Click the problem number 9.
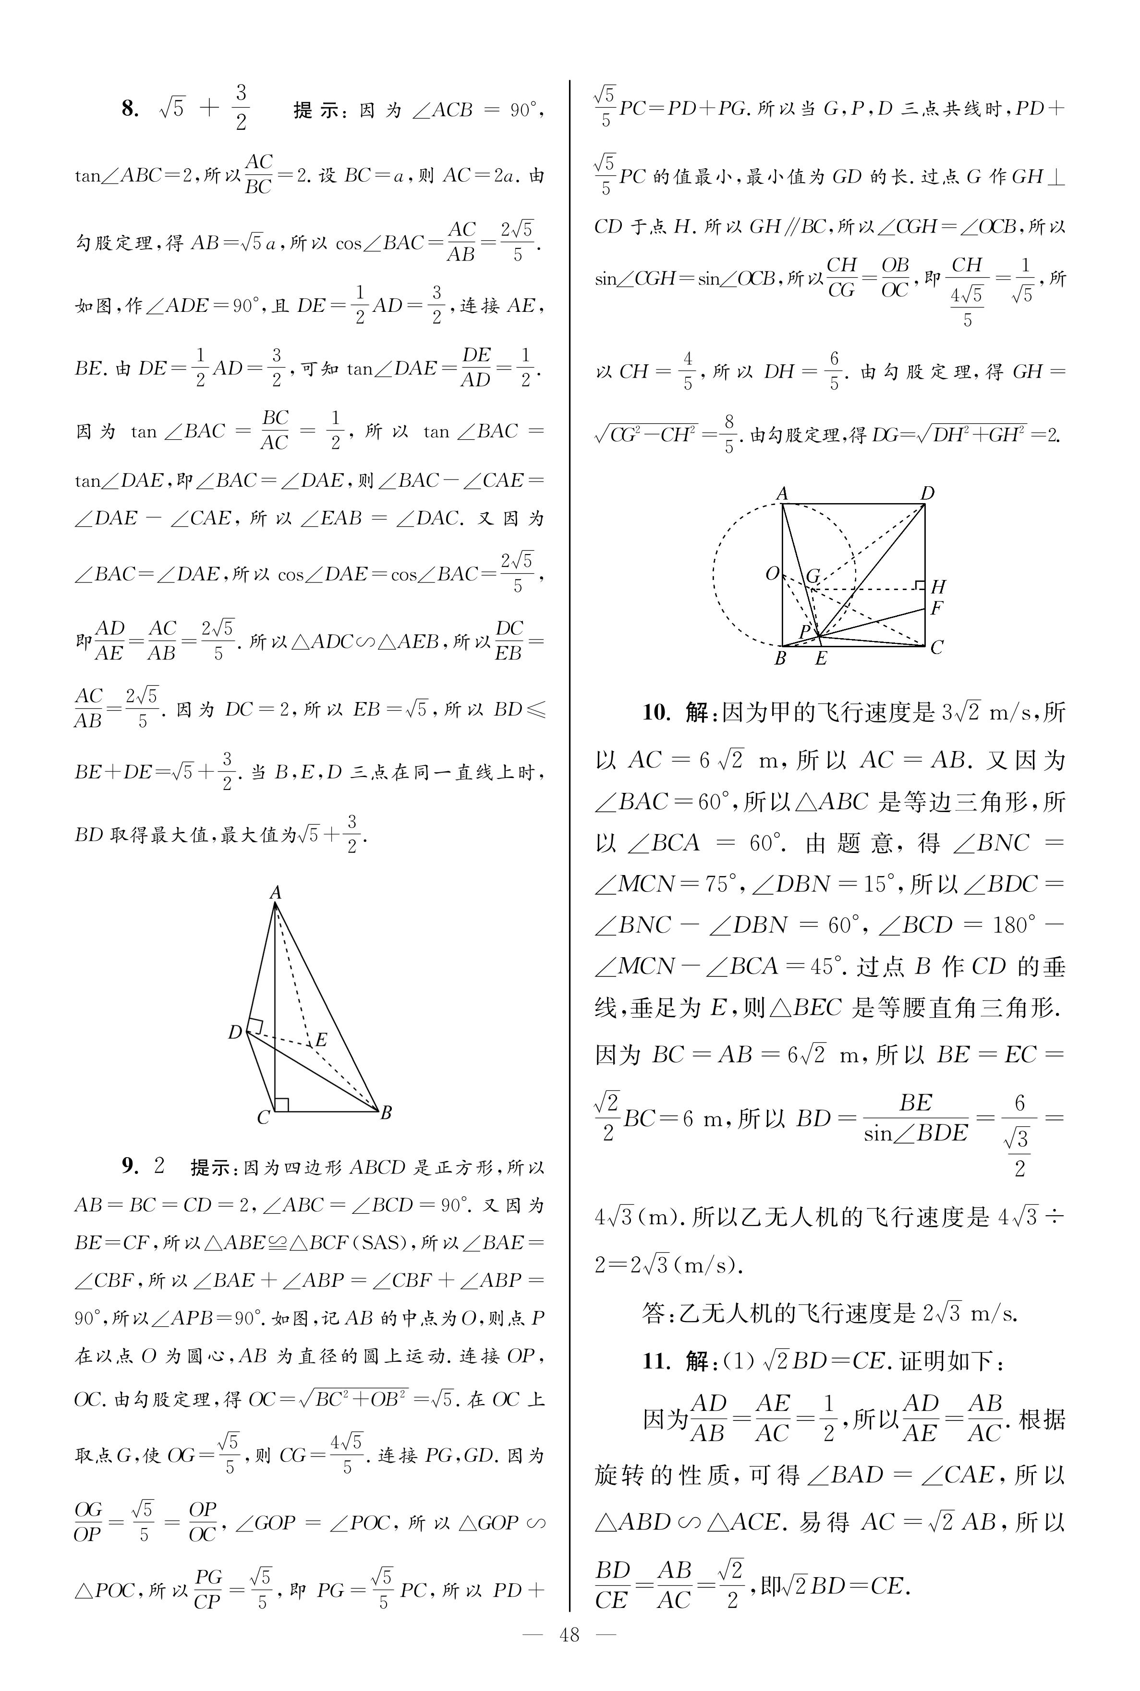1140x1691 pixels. point(129,1167)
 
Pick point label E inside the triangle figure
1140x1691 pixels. point(321,1039)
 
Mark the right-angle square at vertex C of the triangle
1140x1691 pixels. point(282,1104)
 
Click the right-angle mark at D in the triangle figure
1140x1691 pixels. point(255,1025)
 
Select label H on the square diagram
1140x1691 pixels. point(938,586)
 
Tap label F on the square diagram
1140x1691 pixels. point(936,608)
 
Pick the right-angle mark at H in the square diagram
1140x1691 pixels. point(920,585)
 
